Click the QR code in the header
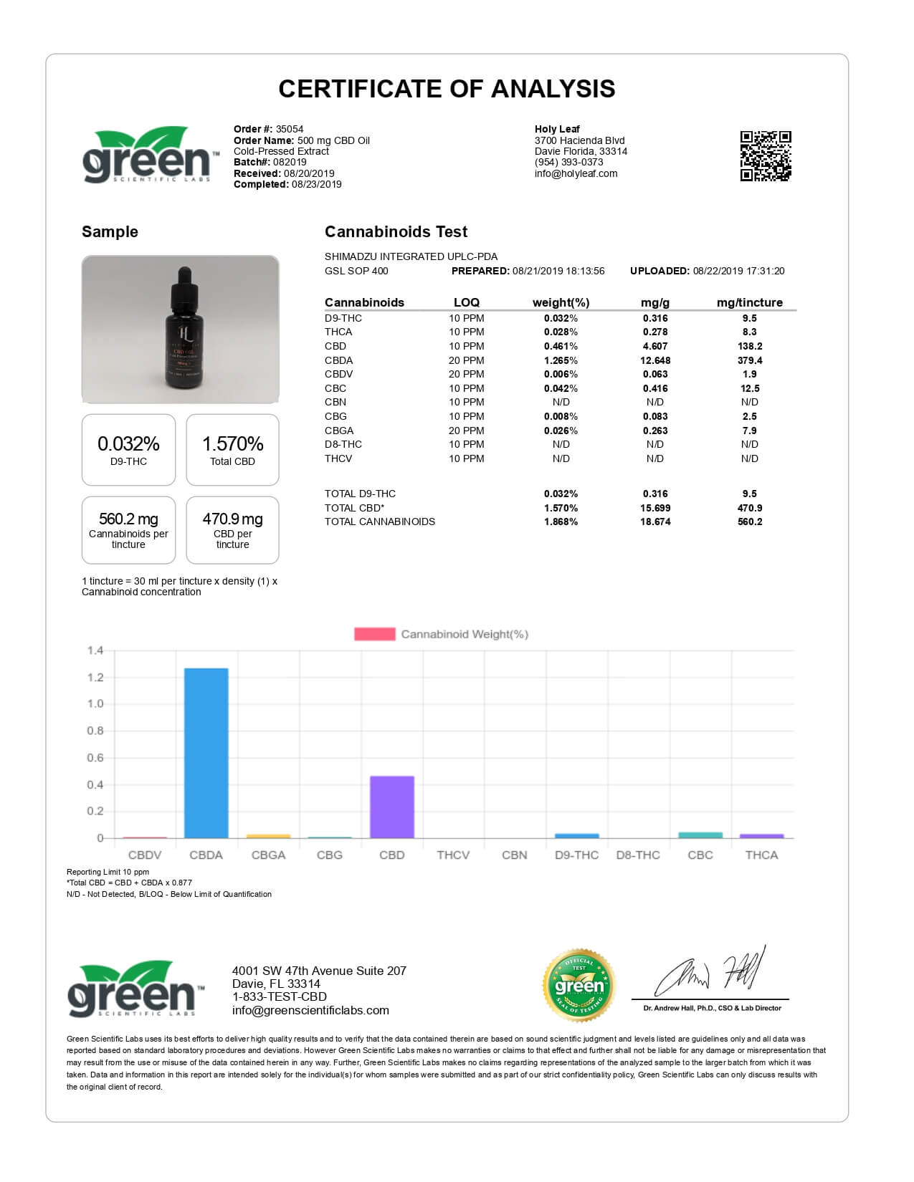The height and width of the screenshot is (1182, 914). [x=765, y=155]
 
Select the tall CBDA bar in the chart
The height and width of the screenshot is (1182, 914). [x=206, y=752]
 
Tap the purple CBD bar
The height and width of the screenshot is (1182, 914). [x=391, y=807]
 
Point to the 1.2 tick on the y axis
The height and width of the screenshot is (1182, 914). [x=95, y=677]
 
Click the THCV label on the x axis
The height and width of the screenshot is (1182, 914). [x=453, y=855]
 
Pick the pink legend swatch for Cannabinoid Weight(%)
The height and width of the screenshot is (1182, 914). [x=374, y=634]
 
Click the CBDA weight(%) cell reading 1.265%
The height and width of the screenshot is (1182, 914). [x=561, y=360]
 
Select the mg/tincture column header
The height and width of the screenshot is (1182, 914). [x=749, y=302]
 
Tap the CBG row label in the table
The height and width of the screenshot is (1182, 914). [x=335, y=416]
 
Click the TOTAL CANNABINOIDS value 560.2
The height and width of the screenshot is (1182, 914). [x=749, y=522]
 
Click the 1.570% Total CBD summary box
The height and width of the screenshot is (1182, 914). [x=232, y=450]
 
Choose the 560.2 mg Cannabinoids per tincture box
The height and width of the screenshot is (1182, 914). [x=128, y=530]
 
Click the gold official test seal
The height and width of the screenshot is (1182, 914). [x=579, y=986]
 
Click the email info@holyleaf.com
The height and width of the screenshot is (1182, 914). [x=576, y=173]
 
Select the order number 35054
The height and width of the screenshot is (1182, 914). [x=290, y=130]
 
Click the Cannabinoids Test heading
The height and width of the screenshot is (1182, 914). [x=396, y=231]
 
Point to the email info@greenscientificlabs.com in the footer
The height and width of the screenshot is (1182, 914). [x=310, y=1010]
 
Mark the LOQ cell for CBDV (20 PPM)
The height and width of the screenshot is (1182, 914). [x=466, y=374]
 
